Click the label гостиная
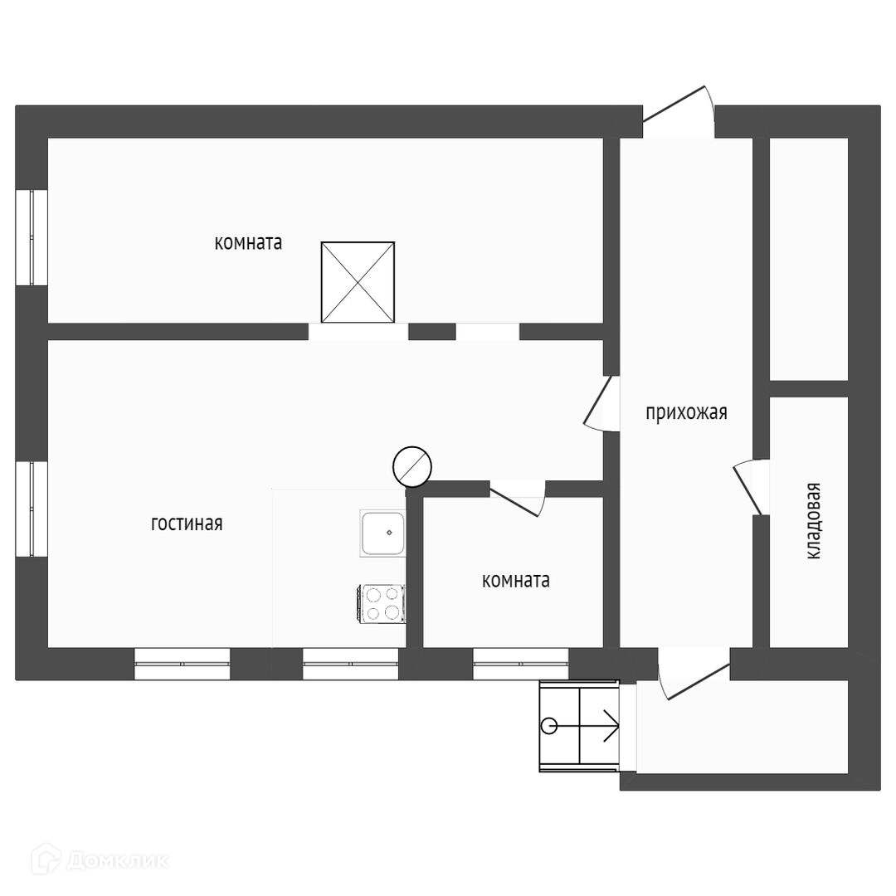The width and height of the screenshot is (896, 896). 187,524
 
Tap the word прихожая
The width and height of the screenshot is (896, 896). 686,412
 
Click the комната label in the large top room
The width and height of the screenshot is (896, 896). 248,243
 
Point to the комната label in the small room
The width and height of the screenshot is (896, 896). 515,581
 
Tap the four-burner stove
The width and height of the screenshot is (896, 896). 382,603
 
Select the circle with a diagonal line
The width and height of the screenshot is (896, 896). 411,466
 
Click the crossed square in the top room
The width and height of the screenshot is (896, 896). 358,282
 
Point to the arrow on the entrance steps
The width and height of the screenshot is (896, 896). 609,727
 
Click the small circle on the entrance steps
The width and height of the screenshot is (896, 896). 548,727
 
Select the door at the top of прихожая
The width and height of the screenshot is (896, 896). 680,112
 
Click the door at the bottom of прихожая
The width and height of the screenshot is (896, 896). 693,674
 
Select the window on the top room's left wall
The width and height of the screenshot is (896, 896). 32,238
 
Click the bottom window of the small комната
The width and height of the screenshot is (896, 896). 521,664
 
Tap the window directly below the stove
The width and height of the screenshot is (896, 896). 350,664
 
